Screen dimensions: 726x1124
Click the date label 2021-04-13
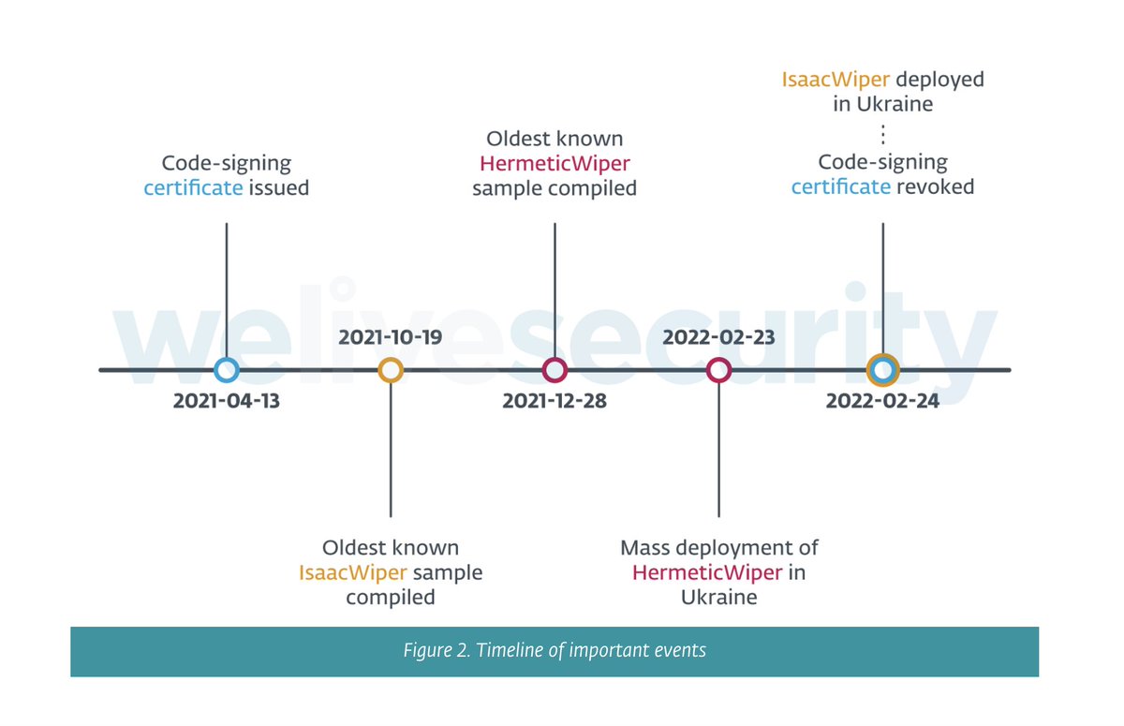click(x=227, y=402)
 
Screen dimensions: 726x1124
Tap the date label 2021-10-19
click(x=391, y=337)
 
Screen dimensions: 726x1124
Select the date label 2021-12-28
click(x=555, y=402)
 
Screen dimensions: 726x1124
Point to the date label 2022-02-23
click(x=718, y=337)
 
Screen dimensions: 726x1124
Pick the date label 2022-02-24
click(x=882, y=402)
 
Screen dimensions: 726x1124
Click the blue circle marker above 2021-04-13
click(x=227, y=370)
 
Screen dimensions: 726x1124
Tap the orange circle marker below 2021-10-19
click(x=391, y=370)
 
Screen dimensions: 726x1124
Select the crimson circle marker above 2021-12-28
click(x=555, y=370)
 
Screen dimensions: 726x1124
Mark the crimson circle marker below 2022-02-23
click(x=718, y=370)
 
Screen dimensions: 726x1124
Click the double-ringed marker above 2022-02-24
click(x=882, y=370)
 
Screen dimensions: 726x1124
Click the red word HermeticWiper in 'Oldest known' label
click(x=555, y=164)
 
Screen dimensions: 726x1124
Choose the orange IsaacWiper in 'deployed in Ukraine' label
click(x=836, y=80)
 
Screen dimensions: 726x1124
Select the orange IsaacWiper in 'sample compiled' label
click(x=352, y=571)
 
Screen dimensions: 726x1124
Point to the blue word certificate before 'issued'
click(x=193, y=188)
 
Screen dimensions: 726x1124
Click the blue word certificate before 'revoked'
click(x=840, y=186)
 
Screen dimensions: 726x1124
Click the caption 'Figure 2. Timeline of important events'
click(x=555, y=651)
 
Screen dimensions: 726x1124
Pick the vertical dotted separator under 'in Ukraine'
click(x=882, y=133)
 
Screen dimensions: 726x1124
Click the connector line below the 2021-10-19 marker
click(x=391, y=450)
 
